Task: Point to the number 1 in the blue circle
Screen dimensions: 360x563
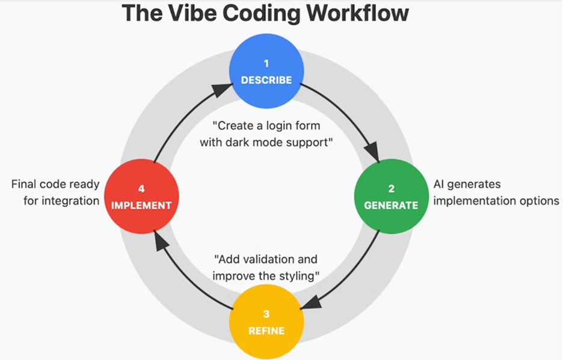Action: (x=266, y=63)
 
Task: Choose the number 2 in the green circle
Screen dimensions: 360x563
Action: (x=390, y=188)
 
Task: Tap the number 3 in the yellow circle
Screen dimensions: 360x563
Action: (x=266, y=314)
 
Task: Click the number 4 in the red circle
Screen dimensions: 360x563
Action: (x=141, y=188)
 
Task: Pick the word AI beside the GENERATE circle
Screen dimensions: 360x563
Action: (x=440, y=184)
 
